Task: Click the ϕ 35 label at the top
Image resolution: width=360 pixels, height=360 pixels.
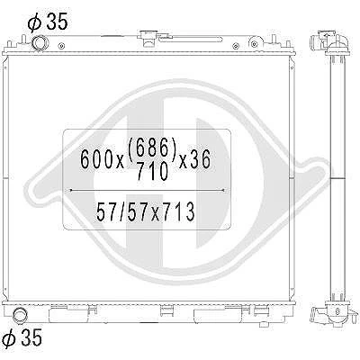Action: coord(48,22)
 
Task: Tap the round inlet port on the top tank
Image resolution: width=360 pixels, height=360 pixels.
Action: coord(39,42)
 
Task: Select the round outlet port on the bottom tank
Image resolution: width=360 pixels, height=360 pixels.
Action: coord(20,315)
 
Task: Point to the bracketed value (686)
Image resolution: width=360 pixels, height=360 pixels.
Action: coord(152,149)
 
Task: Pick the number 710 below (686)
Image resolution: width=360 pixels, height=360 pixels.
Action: coord(152,172)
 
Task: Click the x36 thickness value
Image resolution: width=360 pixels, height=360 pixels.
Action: coord(195,159)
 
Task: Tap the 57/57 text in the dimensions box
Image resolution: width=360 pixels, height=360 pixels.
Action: coord(121,211)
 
